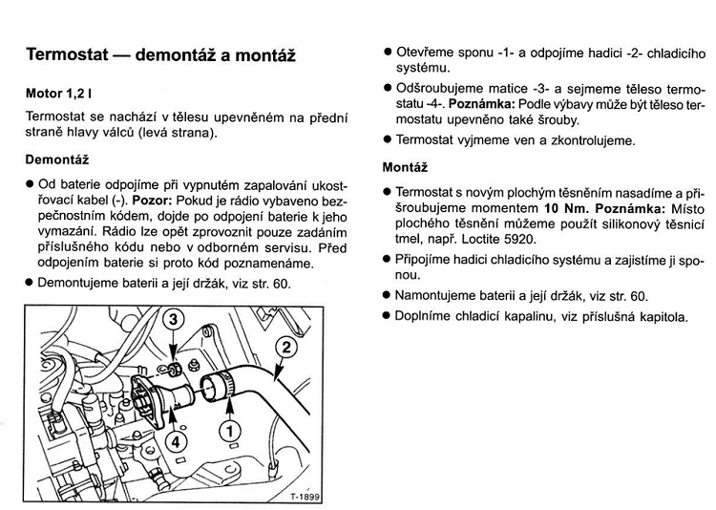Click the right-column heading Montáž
[404, 166]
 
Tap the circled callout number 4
[174, 442]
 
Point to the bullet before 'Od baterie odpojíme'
[30, 183]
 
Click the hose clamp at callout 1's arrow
[215, 386]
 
